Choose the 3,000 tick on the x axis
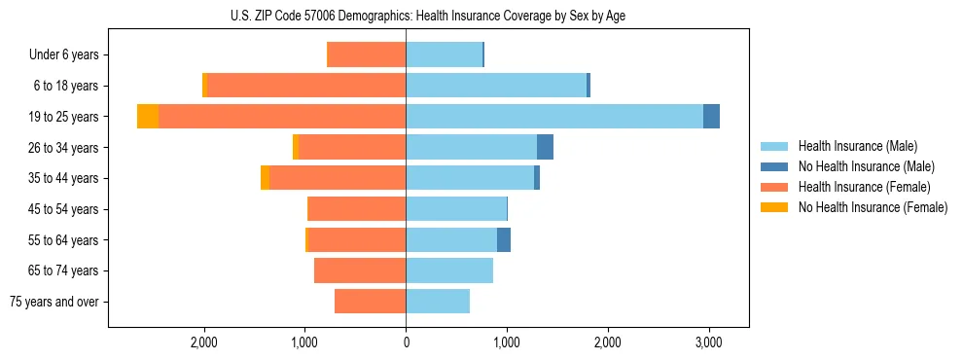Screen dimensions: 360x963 (x=708, y=342)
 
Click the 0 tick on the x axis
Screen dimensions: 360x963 (x=406, y=342)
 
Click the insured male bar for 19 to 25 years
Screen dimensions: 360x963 (x=554, y=117)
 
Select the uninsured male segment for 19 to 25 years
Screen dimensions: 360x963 (x=711, y=117)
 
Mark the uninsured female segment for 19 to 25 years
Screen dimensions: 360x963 (x=148, y=117)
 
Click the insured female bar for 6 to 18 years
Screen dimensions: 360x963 (x=306, y=86)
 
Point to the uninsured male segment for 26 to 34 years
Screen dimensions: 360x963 (x=545, y=147)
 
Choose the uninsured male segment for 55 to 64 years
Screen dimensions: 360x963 (x=503, y=240)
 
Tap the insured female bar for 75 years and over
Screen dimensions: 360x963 (x=370, y=302)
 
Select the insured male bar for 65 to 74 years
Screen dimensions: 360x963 (x=449, y=270)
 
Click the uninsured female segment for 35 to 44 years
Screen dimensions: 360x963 (x=265, y=178)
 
